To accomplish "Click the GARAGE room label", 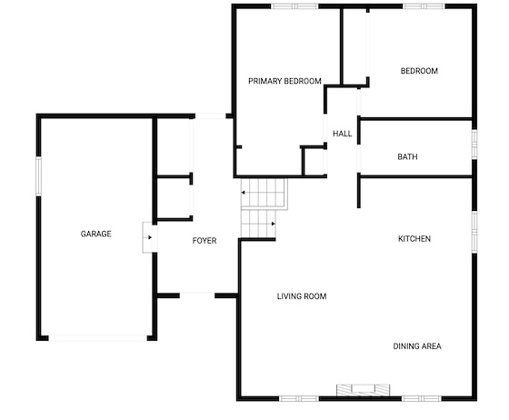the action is [96, 234].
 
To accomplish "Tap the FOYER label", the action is [205, 241].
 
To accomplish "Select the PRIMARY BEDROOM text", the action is [284, 81].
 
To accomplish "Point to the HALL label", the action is [343, 134].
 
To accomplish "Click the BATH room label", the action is [407, 156].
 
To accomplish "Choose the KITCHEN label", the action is [414, 239].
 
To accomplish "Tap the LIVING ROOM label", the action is [302, 296].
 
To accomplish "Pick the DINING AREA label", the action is [417, 346].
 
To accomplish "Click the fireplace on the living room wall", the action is [364, 391].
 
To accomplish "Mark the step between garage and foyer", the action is [150, 237].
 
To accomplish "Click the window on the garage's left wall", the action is [38, 176].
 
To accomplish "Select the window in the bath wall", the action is [474, 145].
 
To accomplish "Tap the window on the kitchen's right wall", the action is [474, 232].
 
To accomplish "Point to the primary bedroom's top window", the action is [294, 6].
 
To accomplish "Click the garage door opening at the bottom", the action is [98, 338].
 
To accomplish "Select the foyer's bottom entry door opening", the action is [197, 295].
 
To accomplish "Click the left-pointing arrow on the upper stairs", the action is [243, 193].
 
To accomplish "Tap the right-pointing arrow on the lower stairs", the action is [274, 224].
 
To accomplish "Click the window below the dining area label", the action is [422, 398].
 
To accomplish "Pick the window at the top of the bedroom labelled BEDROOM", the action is [424, 6].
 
